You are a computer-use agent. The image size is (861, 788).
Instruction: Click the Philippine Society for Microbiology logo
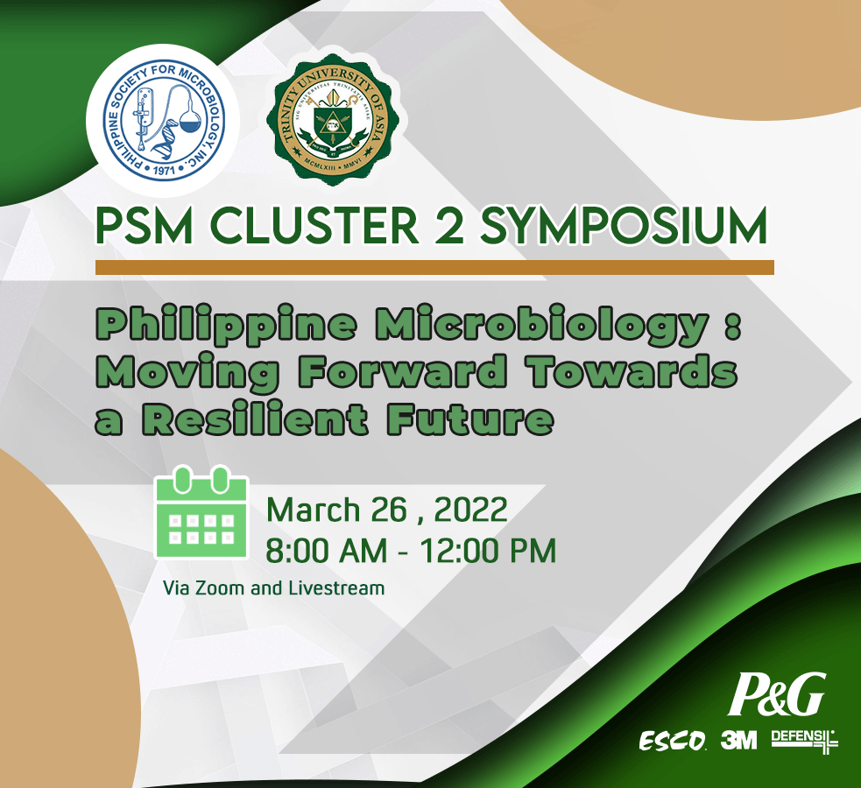click(x=164, y=121)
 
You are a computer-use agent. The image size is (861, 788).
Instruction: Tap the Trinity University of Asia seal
click(x=336, y=119)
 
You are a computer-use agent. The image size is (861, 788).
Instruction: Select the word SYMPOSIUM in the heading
click(x=624, y=226)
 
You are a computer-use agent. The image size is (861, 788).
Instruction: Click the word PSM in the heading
click(x=145, y=226)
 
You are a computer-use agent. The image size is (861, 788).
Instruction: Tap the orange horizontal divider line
click(x=434, y=267)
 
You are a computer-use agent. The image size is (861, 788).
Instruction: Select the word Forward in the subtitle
click(x=403, y=371)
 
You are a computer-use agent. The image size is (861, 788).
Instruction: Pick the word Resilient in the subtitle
click(x=256, y=419)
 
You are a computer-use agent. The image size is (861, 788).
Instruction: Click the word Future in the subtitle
click(x=470, y=419)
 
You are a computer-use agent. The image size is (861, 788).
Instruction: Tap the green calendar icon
click(x=201, y=512)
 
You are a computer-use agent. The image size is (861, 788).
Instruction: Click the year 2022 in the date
click(x=470, y=510)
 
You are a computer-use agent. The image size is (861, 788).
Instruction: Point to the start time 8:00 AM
click(x=327, y=551)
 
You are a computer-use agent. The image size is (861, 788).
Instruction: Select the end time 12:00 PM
click(x=488, y=551)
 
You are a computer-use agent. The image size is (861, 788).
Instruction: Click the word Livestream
click(x=336, y=588)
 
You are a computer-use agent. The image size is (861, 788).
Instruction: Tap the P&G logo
click(x=776, y=694)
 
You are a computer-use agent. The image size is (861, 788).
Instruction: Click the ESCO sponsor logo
click(x=673, y=742)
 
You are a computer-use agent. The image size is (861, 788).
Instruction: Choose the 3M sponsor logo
click(x=738, y=740)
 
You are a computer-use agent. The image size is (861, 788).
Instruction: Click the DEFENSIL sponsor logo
click(x=804, y=741)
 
